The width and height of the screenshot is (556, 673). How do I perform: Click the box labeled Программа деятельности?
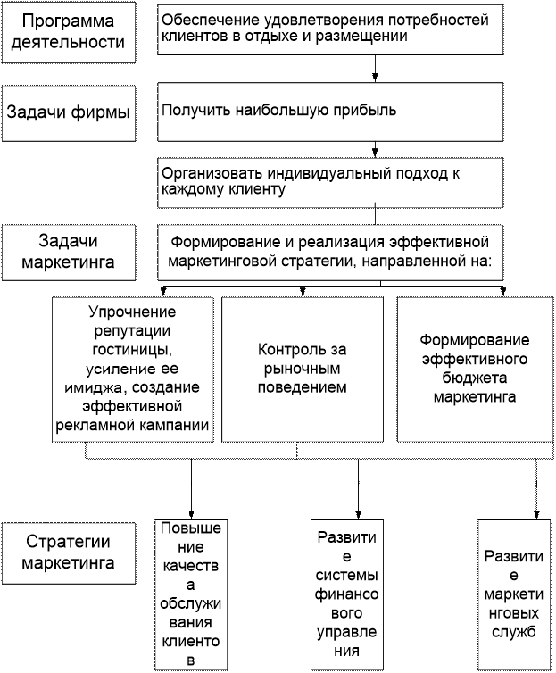69,32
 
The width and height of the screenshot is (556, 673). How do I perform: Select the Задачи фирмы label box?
69,112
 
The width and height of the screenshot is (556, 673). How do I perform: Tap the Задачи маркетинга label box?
69,253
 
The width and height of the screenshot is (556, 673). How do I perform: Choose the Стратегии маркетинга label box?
69,553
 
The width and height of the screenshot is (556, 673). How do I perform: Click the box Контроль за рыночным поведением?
303,370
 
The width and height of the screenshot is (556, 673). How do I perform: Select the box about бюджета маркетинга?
475,370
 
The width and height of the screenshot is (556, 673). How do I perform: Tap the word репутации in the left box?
132,331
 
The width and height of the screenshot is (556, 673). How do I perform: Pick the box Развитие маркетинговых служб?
514,594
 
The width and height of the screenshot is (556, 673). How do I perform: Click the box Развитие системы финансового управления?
346,594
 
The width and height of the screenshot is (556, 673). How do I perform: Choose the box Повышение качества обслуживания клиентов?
191,594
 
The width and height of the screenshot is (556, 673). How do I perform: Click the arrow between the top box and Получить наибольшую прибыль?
376,68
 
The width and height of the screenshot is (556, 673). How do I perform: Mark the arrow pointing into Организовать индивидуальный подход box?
376,149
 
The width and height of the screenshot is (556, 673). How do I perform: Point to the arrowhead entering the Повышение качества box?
191,515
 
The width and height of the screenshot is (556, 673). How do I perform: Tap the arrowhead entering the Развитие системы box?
359,515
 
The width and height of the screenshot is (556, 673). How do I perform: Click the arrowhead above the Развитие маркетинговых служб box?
536,515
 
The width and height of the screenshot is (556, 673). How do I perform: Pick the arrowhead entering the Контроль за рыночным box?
303,292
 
